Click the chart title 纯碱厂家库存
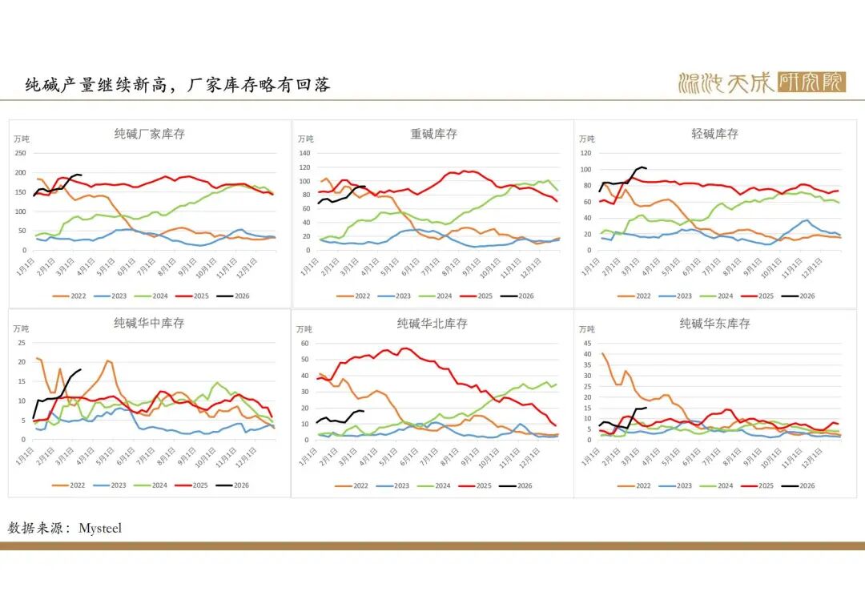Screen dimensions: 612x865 (150, 134)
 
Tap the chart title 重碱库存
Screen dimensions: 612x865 (433, 134)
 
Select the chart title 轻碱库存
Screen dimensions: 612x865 (714, 134)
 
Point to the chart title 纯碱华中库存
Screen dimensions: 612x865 (149, 323)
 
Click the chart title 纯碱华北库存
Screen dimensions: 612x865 (432, 324)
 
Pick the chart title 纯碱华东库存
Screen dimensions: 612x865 (714, 324)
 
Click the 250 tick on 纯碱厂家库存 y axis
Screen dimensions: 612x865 (21, 153)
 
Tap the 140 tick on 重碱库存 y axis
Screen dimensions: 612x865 (304, 153)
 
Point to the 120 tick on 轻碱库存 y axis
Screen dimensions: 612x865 (585, 153)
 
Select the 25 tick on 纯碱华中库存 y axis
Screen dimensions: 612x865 (23, 343)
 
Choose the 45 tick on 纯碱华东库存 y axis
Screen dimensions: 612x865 (587, 343)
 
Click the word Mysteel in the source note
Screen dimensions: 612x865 (100, 529)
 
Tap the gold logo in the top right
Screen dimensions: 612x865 (761, 83)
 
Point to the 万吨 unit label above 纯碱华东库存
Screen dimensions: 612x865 (587, 329)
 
